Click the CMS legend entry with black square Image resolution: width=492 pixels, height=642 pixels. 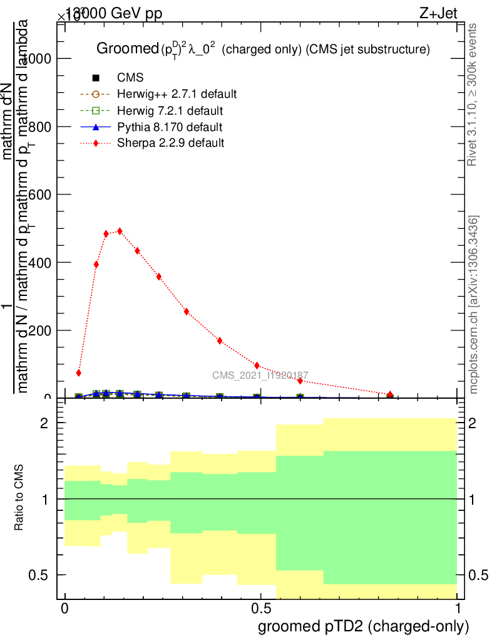[x=119, y=78]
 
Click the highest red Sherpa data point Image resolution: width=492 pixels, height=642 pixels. [x=120, y=231]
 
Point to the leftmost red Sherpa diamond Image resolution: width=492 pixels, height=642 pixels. [x=79, y=373]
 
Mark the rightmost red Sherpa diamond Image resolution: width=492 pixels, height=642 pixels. [x=390, y=394]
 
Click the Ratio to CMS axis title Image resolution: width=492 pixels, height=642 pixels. [x=19, y=498]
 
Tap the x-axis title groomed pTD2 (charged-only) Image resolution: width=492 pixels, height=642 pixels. [x=363, y=626]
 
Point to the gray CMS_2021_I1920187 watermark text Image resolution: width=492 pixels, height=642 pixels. [x=260, y=376]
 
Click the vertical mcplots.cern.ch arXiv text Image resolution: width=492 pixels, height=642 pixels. [x=474, y=305]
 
